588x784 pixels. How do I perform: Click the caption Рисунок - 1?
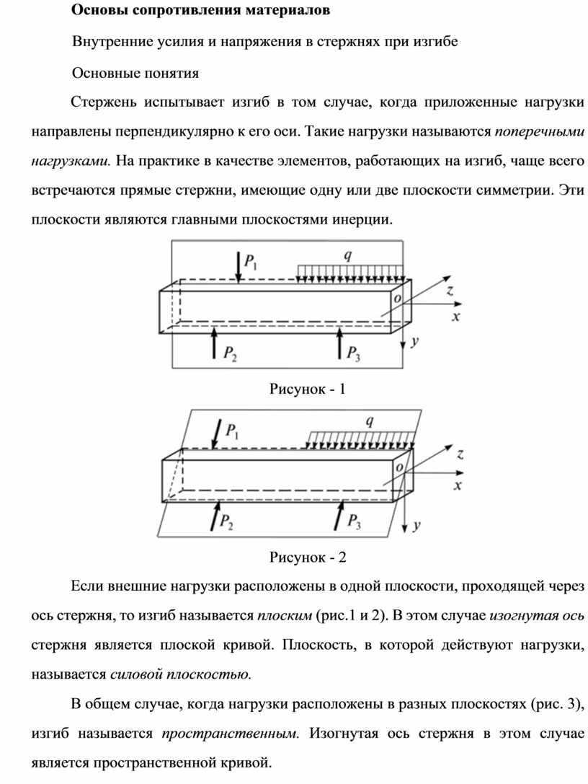click(x=308, y=390)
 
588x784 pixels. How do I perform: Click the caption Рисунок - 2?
click(x=308, y=558)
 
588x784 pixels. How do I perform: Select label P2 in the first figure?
click(x=229, y=353)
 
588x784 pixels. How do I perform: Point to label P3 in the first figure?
click(x=354, y=353)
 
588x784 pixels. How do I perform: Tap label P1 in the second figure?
click(x=233, y=432)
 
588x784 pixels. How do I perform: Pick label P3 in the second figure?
click(x=354, y=521)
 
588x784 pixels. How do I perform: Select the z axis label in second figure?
click(x=459, y=454)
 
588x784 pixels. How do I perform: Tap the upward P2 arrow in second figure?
click(x=214, y=517)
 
